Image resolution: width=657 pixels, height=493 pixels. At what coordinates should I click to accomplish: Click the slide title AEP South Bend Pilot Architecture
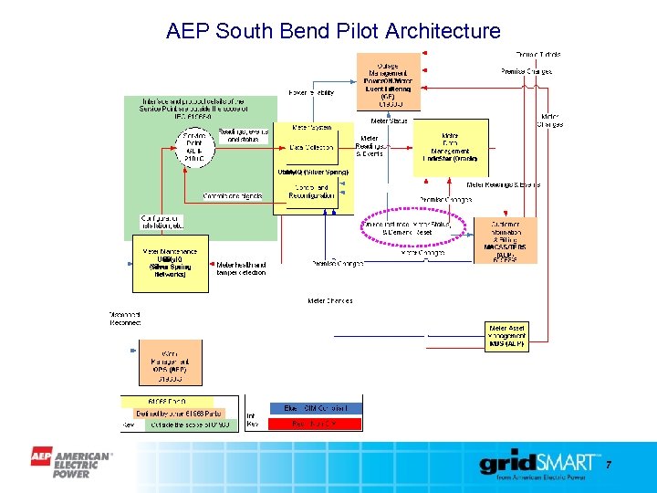click(333, 31)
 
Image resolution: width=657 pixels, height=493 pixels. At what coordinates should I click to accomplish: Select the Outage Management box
click(388, 81)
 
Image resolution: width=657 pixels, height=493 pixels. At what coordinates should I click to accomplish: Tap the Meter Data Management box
click(451, 147)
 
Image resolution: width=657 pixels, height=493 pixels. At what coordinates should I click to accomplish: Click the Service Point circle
click(193, 147)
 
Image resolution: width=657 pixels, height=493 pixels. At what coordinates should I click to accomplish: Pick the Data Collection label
click(309, 146)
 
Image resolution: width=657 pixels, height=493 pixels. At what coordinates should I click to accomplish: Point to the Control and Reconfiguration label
click(311, 192)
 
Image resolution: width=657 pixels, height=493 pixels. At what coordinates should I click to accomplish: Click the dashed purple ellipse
click(413, 228)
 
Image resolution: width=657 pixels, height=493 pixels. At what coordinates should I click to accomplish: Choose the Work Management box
click(170, 362)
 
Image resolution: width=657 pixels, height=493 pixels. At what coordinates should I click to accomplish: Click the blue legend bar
click(316, 408)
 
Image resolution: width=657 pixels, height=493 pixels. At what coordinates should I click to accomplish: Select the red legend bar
click(316, 424)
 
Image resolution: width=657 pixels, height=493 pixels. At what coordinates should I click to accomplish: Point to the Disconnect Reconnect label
click(126, 318)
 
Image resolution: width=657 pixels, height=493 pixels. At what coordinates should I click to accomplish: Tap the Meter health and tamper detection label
click(241, 268)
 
